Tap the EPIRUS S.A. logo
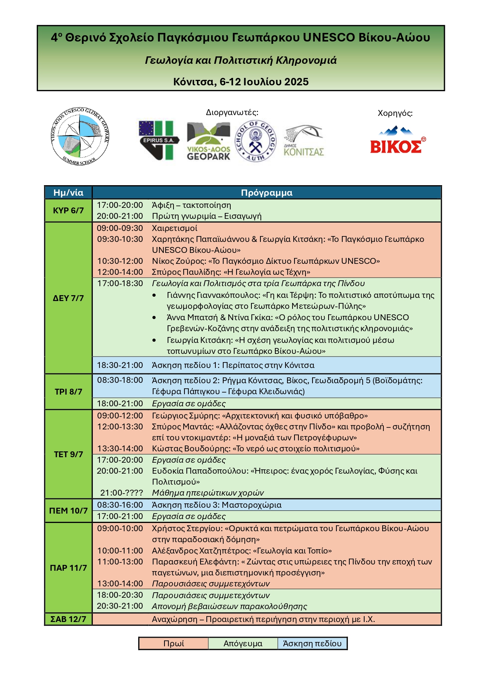159,140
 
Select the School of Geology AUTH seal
255,141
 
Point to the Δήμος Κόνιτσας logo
304,141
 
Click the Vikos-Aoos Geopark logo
208,141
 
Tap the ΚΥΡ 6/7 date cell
68,211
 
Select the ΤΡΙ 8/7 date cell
68,391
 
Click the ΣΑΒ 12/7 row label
68,619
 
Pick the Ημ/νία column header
68,193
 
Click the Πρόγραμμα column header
266,193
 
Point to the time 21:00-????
121,493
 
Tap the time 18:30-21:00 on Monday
120,365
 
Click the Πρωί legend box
173,644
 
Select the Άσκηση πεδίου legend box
312,644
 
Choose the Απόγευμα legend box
243,644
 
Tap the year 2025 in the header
296,82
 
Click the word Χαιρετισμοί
174,228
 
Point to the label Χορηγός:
395,114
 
